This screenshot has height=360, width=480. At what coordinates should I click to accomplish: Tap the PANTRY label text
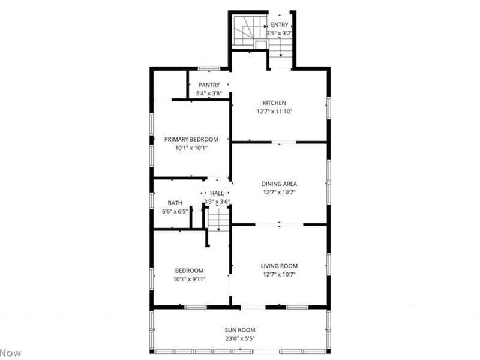pyautogui.click(x=208, y=85)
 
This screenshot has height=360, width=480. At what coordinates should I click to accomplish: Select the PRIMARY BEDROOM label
pyautogui.click(x=191, y=139)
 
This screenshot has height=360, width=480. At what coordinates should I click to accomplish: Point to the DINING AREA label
pyautogui.click(x=279, y=184)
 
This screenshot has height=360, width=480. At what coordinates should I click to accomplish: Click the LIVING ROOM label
pyautogui.click(x=279, y=266)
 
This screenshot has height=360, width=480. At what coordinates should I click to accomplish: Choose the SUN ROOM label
pyautogui.click(x=241, y=330)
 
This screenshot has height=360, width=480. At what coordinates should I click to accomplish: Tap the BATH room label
pyautogui.click(x=175, y=203)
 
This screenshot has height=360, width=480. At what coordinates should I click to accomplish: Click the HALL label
pyautogui.click(x=217, y=193)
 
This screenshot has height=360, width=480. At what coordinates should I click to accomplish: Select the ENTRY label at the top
pyautogui.click(x=280, y=25)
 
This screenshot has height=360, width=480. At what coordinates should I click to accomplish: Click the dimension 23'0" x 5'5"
pyautogui.click(x=241, y=338)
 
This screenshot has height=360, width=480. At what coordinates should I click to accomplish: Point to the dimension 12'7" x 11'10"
pyautogui.click(x=274, y=111)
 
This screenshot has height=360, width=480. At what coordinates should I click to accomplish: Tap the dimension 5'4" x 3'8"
pyautogui.click(x=209, y=94)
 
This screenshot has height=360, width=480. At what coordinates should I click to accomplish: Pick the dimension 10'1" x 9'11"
pyautogui.click(x=190, y=279)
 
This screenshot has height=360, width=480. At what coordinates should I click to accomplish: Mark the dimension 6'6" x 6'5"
pyautogui.click(x=175, y=211)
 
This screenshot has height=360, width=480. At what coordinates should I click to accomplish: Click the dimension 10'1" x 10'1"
pyautogui.click(x=191, y=148)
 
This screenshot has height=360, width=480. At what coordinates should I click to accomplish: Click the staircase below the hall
pyautogui.click(x=219, y=219)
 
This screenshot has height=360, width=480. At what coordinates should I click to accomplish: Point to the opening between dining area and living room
pyautogui.click(x=279, y=224)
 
